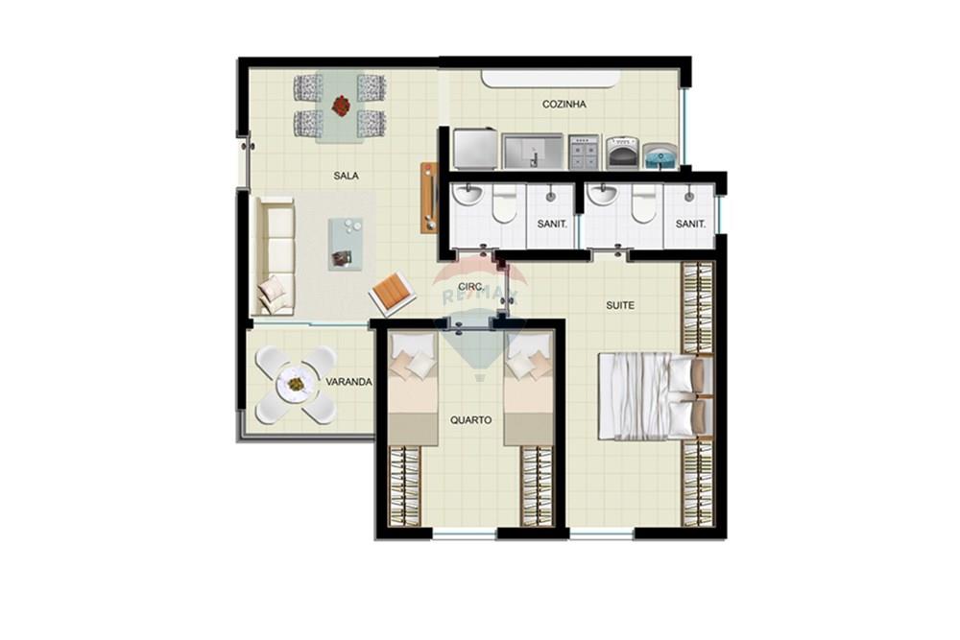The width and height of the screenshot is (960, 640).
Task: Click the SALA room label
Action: pos(347,176)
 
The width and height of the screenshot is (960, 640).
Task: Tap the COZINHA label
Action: pos(564,105)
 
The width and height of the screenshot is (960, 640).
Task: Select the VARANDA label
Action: pos(348,382)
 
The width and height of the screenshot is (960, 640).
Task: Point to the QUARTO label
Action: pos(471,420)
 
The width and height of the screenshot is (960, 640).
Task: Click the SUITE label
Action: pos(619,305)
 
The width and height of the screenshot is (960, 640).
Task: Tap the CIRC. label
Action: pos(470,287)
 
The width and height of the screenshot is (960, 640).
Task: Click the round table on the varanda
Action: pos(296,385)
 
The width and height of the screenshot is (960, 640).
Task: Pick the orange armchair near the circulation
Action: pos(392,293)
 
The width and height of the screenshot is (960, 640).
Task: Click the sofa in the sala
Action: pos(276,255)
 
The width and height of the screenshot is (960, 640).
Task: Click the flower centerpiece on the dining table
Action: pos(341,105)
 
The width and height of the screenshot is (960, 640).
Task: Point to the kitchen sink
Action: pos(534,151)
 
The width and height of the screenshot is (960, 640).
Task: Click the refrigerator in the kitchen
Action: pos(474,150)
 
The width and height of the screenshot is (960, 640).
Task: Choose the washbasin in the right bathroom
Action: pos(602,195)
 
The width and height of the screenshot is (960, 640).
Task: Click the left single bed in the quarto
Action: pos(413,389)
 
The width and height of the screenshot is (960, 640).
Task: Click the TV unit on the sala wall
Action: pos(428,198)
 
